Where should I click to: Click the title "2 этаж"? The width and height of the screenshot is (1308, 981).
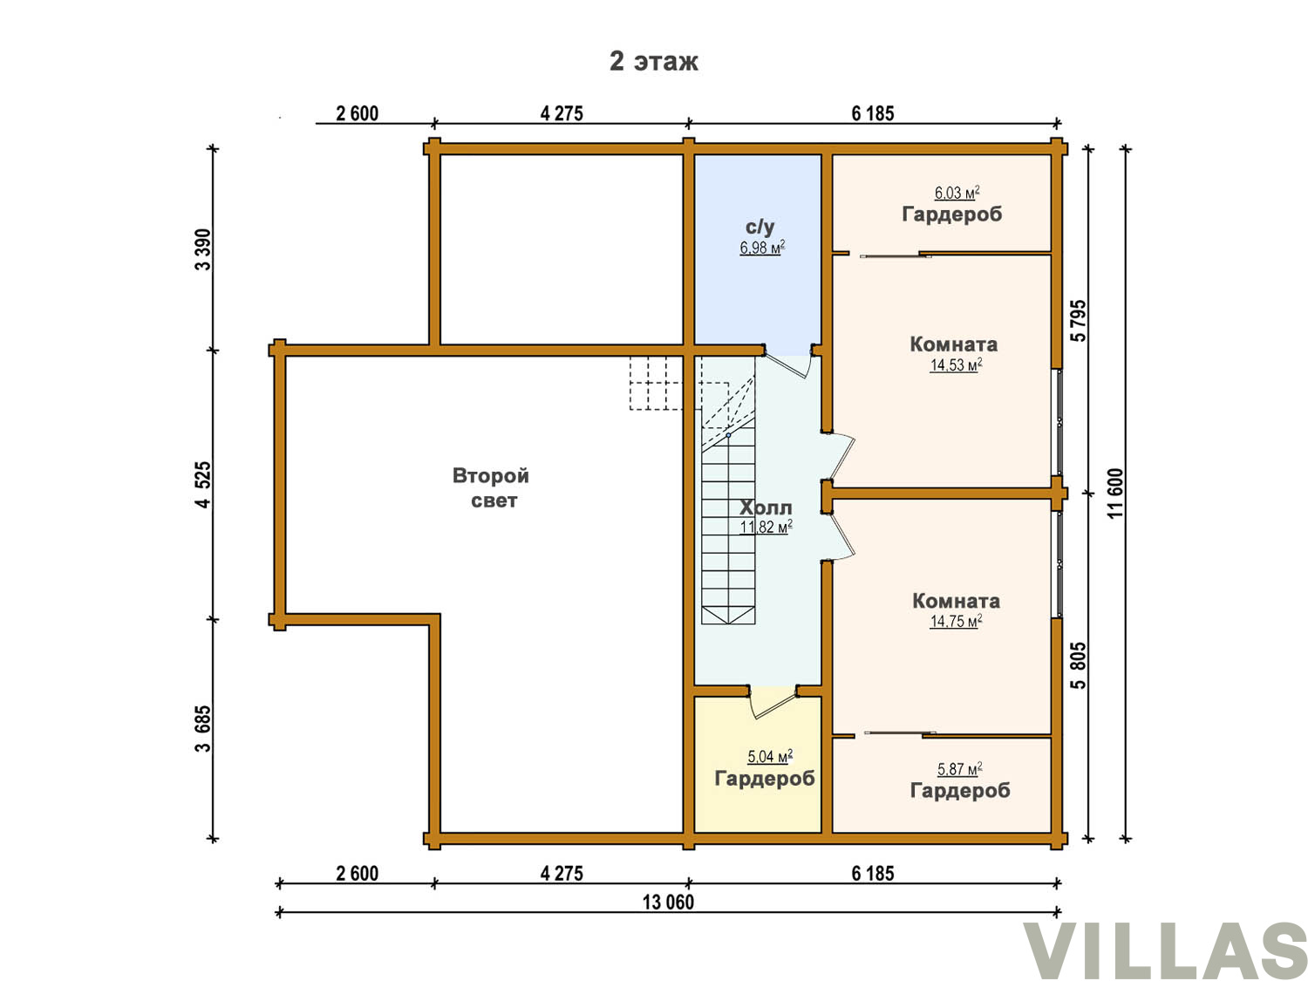[653, 61]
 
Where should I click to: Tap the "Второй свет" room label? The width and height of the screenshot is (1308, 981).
[491, 487]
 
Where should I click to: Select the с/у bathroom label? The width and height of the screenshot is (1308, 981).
[760, 227]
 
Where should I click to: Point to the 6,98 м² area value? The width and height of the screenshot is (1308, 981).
[762, 247]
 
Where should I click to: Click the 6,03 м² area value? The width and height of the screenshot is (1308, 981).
[957, 193]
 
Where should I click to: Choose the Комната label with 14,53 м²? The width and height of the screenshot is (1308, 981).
[953, 344]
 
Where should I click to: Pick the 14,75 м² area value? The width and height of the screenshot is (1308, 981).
[957, 621]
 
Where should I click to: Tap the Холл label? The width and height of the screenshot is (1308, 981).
[766, 508]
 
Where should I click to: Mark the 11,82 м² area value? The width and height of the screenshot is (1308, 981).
[766, 527]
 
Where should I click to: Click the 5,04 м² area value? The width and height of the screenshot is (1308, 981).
[770, 756]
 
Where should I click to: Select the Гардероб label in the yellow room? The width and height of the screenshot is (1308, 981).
[765, 779]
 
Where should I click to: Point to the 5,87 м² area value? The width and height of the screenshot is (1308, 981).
[960, 769]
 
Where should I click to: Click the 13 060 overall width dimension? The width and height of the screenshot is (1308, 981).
[668, 903]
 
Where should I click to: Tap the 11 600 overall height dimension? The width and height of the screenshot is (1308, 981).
[1116, 494]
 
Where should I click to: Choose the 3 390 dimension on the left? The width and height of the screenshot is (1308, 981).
[203, 249]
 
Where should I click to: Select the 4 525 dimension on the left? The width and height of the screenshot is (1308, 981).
[203, 484]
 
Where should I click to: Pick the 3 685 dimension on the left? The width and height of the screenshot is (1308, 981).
[203, 728]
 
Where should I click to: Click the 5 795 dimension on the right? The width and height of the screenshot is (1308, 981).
[1079, 320]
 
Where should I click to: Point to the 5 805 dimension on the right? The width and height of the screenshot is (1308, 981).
[1079, 665]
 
